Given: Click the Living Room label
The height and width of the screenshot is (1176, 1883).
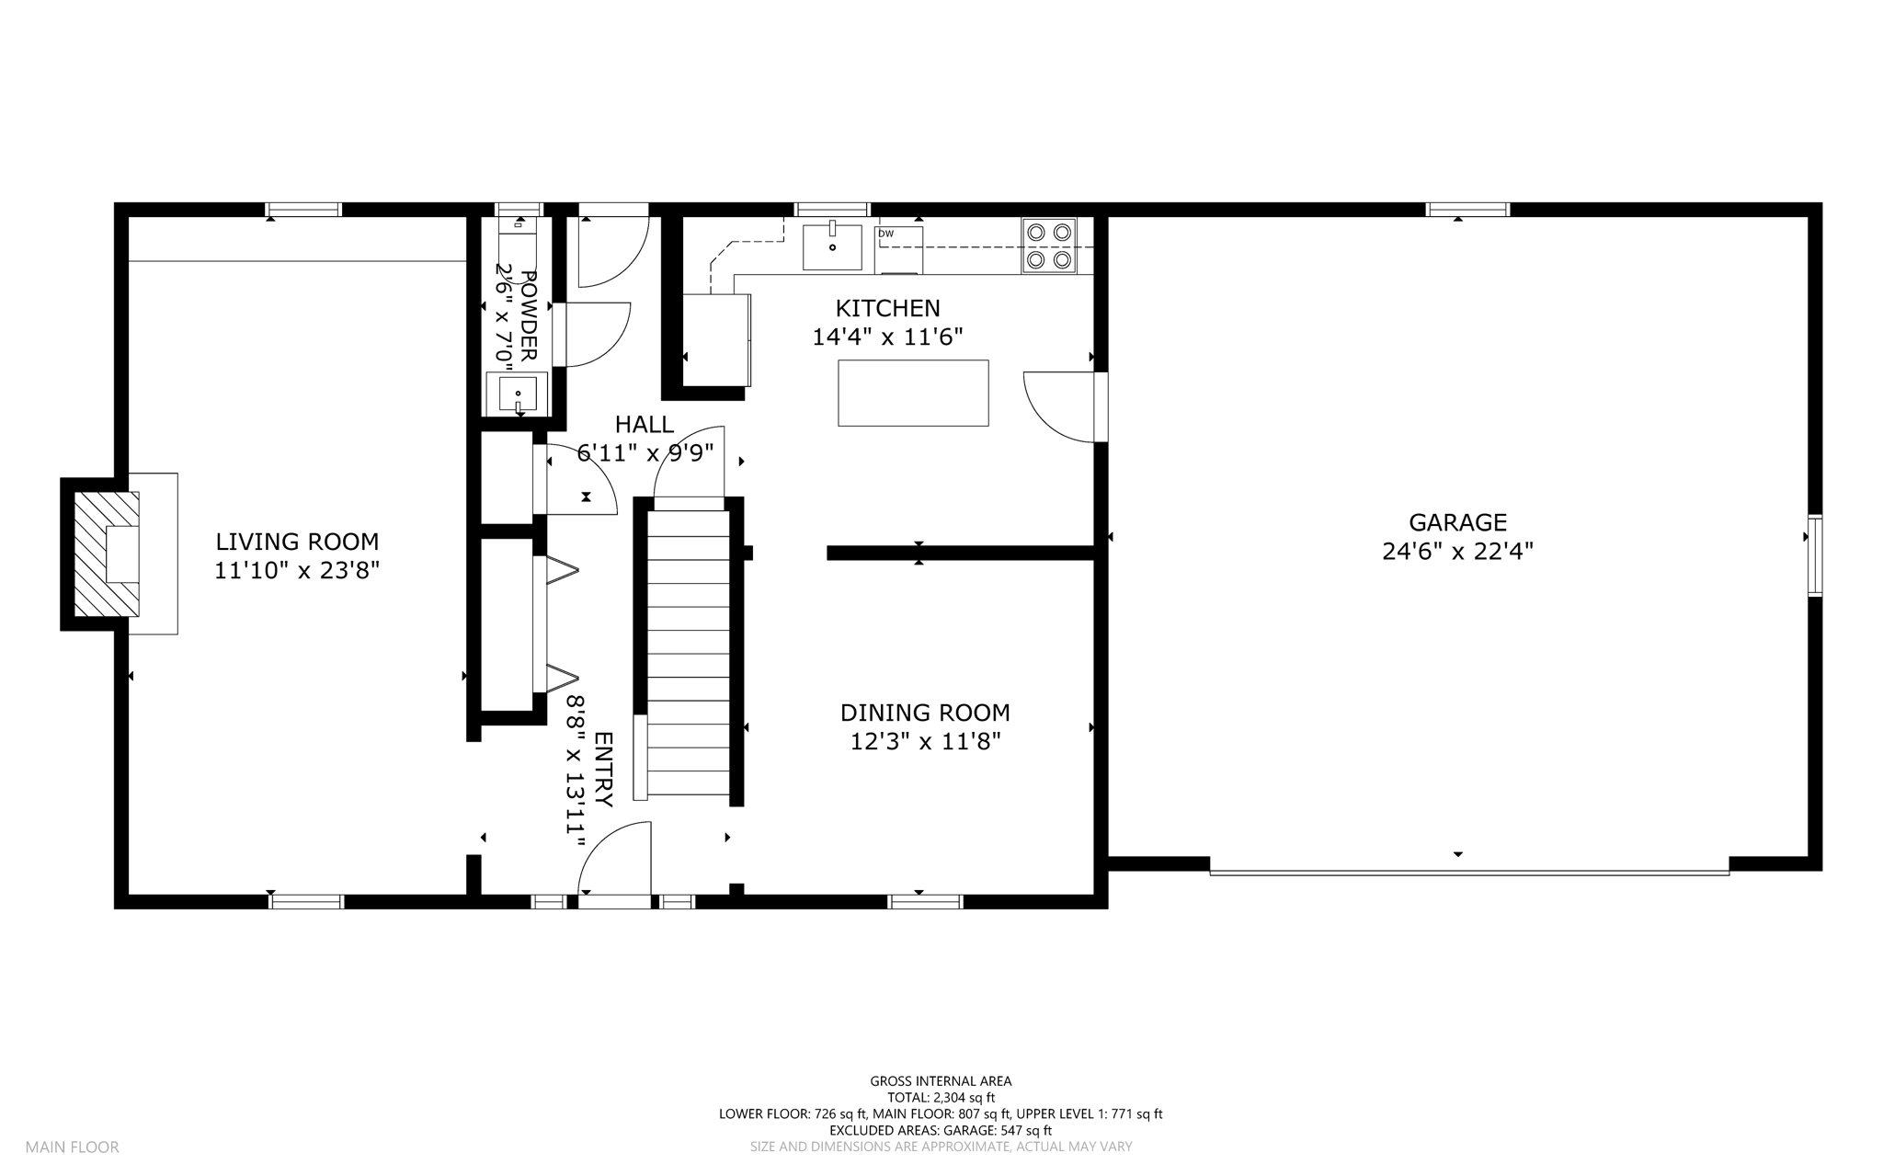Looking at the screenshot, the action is (297, 542).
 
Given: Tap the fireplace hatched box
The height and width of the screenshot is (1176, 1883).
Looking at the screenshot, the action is (107, 554).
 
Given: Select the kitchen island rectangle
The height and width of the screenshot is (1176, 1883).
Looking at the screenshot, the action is (913, 393).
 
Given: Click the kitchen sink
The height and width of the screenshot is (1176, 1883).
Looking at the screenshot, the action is (832, 247).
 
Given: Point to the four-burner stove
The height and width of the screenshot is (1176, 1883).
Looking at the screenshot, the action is (1049, 245).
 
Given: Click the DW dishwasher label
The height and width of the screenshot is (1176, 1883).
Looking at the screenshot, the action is (885, 234).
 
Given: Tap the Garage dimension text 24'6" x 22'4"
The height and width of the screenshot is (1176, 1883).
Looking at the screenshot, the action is (1457, 552).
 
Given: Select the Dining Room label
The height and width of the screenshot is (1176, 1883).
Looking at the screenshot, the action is (925, 713).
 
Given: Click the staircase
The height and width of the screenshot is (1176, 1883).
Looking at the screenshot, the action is (689, 653).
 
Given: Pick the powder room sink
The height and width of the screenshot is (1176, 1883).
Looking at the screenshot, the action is (518, 394).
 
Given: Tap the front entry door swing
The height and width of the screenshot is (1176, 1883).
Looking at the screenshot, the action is (614, 858).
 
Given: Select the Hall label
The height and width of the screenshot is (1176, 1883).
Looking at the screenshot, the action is (645, 424).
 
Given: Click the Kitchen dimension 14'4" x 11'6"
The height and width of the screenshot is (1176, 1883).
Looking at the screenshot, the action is (887, 337).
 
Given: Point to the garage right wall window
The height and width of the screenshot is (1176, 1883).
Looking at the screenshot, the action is (1815, 556).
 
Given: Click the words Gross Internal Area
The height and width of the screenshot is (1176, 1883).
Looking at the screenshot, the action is (941, 1081).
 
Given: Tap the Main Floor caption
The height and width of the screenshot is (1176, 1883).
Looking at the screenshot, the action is (72, 1147).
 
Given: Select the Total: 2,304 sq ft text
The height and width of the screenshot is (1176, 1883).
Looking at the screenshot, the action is (941, 1097).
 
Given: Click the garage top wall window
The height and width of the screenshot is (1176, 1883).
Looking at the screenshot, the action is (1467, 210).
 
